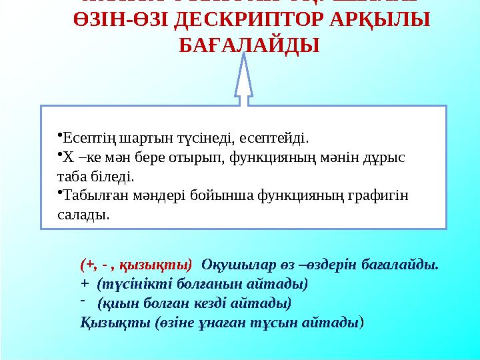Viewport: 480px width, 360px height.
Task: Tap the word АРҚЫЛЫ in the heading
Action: (379, 21)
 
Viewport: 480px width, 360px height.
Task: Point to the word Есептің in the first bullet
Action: (85, 139)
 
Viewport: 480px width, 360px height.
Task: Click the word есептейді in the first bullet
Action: (281, 139)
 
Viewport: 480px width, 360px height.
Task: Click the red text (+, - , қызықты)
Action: (136, 265)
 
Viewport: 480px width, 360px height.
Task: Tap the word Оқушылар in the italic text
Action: (231, 265)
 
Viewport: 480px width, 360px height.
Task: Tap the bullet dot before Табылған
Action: (59, 193)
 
